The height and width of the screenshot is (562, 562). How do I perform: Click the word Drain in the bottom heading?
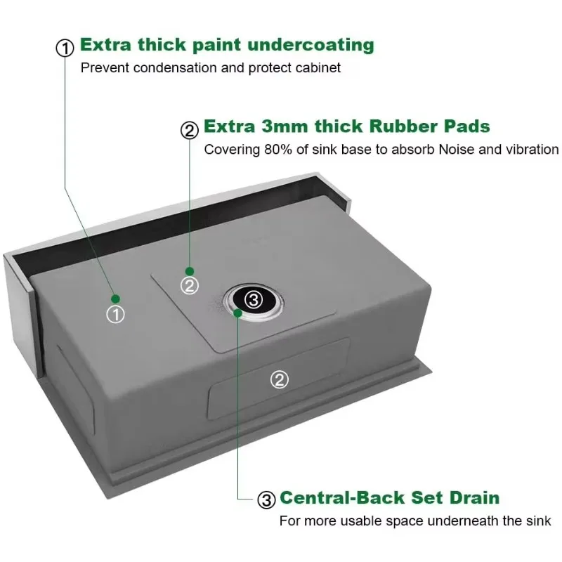click(472, 498)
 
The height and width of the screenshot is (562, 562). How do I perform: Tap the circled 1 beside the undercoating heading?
click(65, 48)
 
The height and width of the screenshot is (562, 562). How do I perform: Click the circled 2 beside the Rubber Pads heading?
click(190, 129)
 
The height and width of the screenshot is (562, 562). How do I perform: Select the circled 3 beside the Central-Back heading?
click(266, 500)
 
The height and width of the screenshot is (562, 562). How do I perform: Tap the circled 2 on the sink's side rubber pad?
click(279, 379)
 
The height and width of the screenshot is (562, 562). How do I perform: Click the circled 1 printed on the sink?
click(115, 315)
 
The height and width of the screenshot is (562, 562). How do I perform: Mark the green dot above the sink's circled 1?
click(115, 299)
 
